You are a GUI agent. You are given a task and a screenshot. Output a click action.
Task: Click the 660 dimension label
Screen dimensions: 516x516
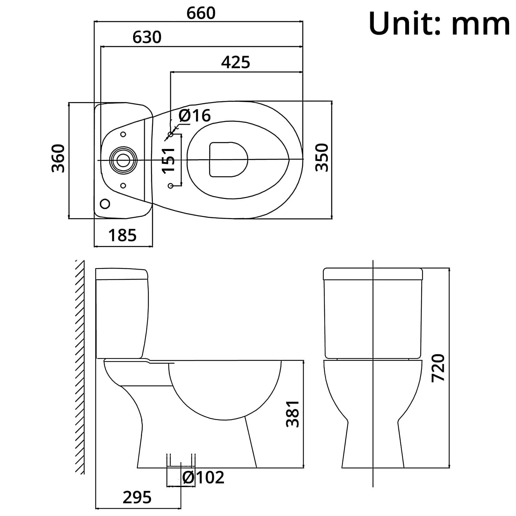click(x=201, y=13)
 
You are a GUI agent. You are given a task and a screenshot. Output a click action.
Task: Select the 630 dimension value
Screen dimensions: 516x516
click(x=147, y=37)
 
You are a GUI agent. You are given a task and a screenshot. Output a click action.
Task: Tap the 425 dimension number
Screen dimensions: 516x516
click(x=236, y=62)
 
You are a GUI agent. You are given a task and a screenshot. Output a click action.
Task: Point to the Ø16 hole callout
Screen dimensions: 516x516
click(x=195, y=116)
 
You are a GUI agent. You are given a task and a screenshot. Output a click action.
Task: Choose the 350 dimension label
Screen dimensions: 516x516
click(x=322, y=157)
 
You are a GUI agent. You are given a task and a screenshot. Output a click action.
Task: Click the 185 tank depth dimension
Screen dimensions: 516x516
click(x=122, y=235)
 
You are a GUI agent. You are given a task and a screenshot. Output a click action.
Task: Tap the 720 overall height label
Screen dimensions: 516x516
click(x=438, y=367)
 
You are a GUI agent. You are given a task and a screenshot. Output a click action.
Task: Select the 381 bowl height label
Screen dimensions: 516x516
click(x=293, y=414)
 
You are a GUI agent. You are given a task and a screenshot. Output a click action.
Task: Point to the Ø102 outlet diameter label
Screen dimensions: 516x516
click(x=203, y=477)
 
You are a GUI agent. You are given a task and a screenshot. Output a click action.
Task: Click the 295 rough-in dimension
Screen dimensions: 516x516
click(x=137, y=497)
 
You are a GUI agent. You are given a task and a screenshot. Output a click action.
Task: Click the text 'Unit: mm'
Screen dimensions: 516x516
click(x=439, y=24)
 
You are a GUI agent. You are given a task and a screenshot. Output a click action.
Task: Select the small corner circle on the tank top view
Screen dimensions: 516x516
click(x=105, y=204)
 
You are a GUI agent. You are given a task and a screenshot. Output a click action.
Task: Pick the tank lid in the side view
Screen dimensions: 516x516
click(x=122, y=274)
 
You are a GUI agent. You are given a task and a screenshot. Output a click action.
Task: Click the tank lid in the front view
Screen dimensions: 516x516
click(x=373, y=274)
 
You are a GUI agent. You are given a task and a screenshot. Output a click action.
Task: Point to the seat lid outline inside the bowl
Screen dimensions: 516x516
click(x=229, y=160)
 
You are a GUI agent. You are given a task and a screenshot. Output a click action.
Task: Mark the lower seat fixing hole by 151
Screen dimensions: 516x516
click(x=171, y=186)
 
